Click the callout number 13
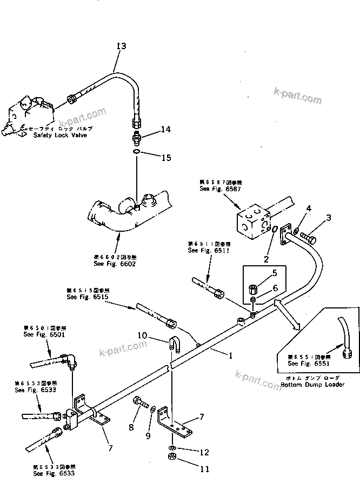121,46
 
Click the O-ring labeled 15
137,153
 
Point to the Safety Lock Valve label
59,135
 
